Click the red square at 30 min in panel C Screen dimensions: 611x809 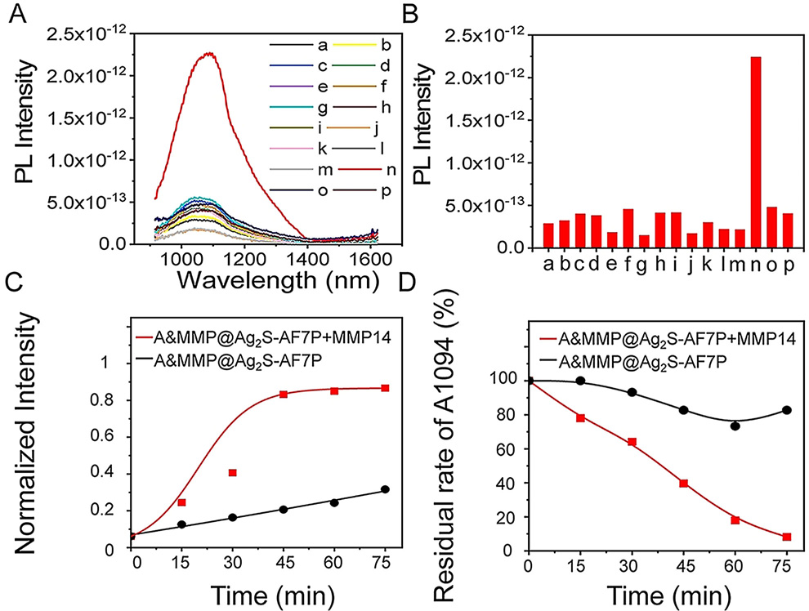point(233,473)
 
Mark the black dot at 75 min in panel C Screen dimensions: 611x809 point(385,489)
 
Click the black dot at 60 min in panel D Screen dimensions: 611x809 point(735,426)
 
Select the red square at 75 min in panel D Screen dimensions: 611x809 point(787,537)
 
